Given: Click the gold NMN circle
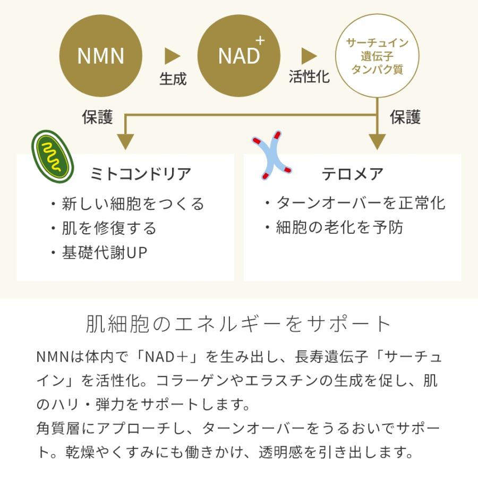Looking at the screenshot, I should click(101, 56).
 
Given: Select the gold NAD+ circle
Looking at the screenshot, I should click(239, 56).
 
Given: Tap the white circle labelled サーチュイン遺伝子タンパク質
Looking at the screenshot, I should click(377, 56).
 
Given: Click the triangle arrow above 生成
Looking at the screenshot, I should click(172, 56).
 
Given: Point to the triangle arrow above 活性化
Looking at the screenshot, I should click(309, 56).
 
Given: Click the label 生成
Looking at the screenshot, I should click(173, 79).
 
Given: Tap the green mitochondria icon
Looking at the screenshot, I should click(52, 155).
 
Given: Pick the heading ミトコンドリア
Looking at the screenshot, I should click(141, 174).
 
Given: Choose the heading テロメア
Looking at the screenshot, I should click(352, 174).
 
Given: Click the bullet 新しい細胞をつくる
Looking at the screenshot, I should click(127, 203).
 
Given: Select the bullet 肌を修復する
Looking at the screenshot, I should click(104, 228).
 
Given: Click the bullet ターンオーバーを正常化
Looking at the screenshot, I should click(355, 203).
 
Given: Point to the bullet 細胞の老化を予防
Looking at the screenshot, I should click(334, 227).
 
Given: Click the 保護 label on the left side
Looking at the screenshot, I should click(98, 117).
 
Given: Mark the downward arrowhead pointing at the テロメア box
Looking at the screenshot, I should click(377, 142).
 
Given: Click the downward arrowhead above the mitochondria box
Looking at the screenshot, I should click(125, 142).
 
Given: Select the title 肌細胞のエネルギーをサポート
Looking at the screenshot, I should click(239, 324).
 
